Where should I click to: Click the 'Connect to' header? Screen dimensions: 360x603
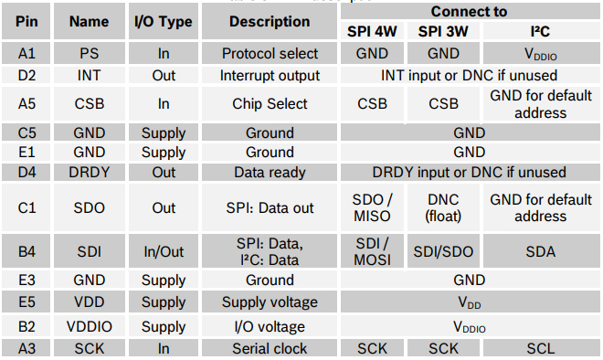[x=469, y=12]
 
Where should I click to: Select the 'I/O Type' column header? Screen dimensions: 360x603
[x=164, y=21]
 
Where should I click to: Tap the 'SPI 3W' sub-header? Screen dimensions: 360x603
[x=443, y=32]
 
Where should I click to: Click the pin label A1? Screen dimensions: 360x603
[x=26, y=54]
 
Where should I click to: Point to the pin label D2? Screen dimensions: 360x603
[x=26, y=75]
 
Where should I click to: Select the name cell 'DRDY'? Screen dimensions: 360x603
[x=89, y=172]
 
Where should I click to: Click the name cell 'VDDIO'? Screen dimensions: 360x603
[x=89, y=326]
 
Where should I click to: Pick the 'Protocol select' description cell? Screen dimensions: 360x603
[x=270, y=54]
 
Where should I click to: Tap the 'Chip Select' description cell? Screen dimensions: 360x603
[x=270, y=104]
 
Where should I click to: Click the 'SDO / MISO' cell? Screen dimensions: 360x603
[x=372, y=208]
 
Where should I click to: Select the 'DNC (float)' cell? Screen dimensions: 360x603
[x=443, y=208]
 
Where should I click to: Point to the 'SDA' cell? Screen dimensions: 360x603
[x=540, y=251]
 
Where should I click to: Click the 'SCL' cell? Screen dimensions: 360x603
[x=540, y=348]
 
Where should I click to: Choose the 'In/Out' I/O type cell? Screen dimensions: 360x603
[x=164, y=251]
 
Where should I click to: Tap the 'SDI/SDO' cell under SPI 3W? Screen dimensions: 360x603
[x=443, y=251]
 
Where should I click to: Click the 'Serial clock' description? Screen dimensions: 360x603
[x=270, y=348]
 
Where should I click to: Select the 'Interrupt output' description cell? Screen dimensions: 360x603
[x=270, y=75]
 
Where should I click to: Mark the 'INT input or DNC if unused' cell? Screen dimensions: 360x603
[x=469, y=75]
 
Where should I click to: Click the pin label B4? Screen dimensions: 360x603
[x=26, y=251]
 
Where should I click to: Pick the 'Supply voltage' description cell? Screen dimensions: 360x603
[x=270, y=302]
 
